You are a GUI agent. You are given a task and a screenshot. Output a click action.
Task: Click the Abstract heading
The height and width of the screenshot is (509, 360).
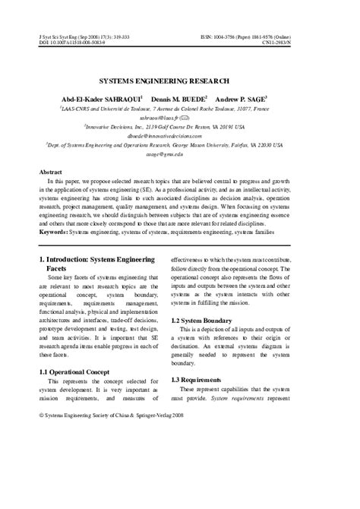coord(50,172)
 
